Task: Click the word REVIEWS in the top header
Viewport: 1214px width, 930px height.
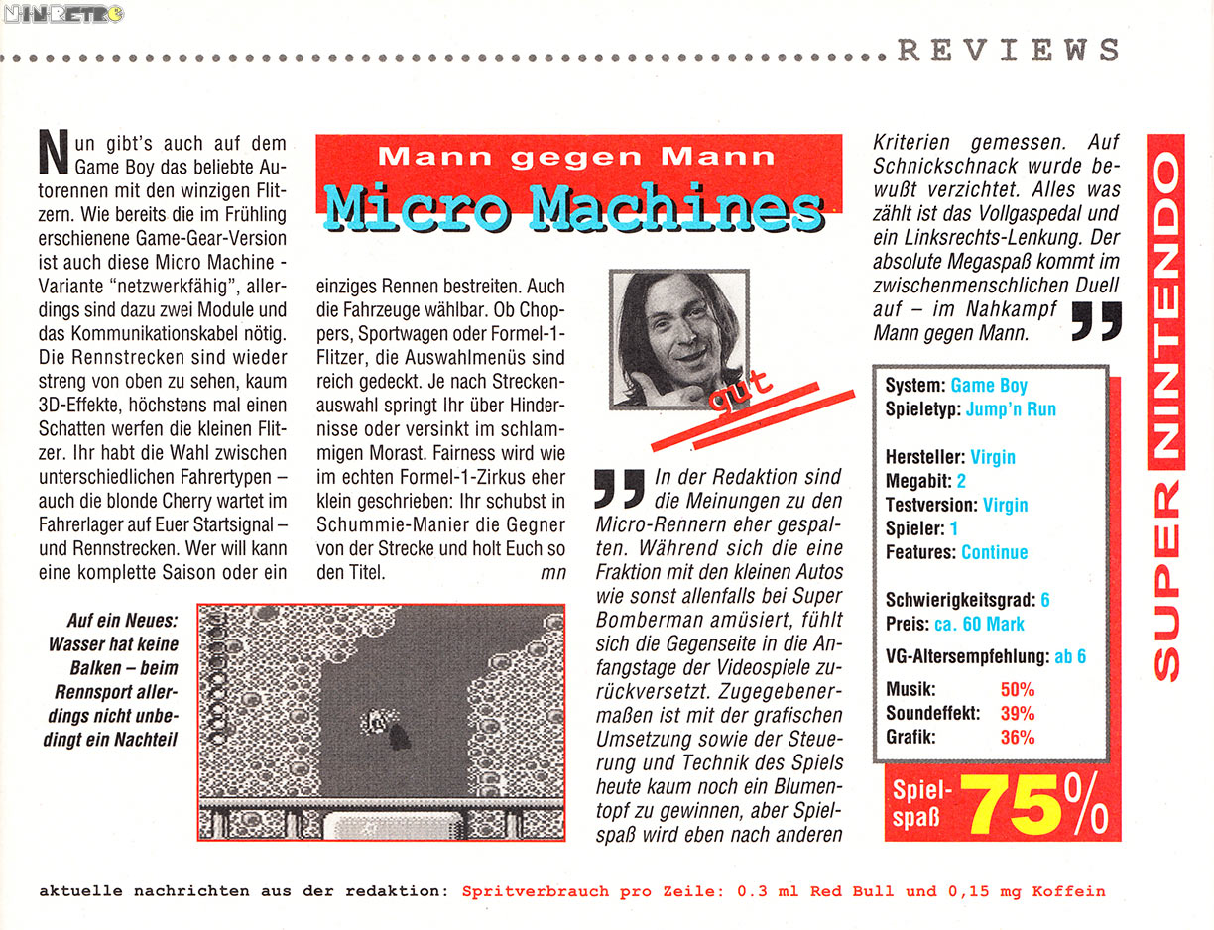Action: tap(1009, 50)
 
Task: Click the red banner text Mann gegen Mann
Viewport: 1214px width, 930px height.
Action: tap(576, 156)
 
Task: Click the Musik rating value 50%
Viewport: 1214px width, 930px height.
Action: tap(1017, 689)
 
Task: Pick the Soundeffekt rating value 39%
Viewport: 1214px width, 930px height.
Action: tap(1017, 713)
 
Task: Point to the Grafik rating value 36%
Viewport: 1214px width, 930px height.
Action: tap(1017, 737)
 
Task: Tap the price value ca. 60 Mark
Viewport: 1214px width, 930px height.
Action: tap(979, 624)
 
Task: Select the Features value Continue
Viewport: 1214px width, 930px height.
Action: tap(994, 552)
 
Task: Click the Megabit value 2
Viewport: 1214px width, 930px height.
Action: tap(961, 481)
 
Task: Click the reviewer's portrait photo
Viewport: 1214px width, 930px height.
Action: tap(678, 338)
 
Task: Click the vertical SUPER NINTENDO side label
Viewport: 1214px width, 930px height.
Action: tap(1167, 407)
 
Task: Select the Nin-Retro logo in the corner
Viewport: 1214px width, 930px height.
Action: tap(63, 14)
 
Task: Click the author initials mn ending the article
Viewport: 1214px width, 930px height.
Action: tap(552, 572)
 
